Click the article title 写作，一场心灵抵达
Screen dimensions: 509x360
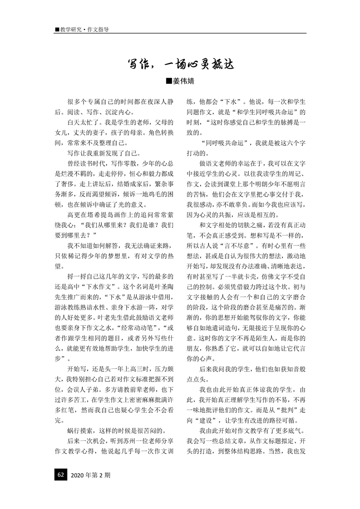(x=180, y=64)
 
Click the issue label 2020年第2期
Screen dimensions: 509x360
(x=91, y=475)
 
